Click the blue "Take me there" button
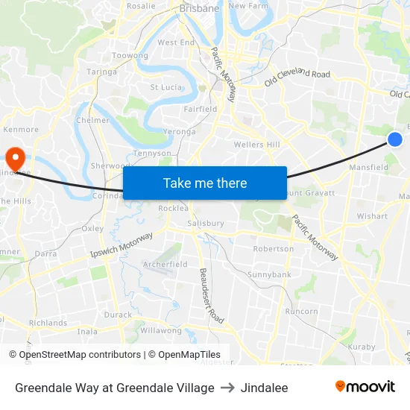point(205,183)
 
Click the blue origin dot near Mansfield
point(395,139)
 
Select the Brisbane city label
point(199,9)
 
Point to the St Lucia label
point(166,87)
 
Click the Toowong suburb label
point(130,56)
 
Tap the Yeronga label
point(180,132)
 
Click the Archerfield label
point(165,264)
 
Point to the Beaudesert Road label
point(211,295)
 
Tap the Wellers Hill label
point(256,144)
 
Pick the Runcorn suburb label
point(301,312)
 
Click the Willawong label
point(161,330)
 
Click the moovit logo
point(365,387)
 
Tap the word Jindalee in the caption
point(264,388)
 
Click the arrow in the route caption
point(227,388)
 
